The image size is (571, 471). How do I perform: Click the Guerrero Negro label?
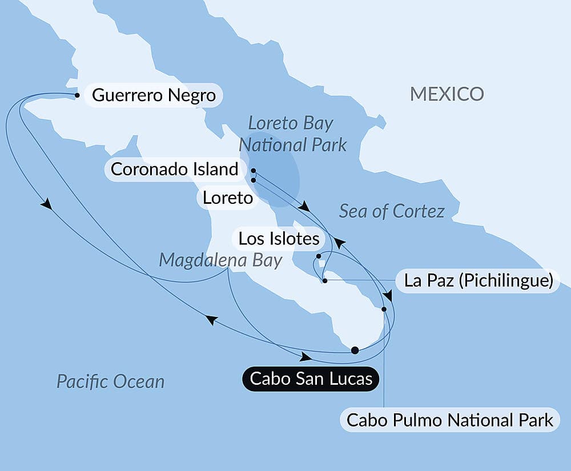point(154,95)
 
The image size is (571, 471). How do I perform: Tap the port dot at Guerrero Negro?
point(77,95)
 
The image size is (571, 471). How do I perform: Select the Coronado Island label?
point(174,169)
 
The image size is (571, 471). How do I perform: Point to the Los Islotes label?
point(279,238)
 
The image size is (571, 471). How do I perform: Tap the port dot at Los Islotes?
point(319,256)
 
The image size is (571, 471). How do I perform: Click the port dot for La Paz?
point(324,281)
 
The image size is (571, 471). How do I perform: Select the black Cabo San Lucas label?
point(311,379)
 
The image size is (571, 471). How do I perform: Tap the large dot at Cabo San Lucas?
point(355,351)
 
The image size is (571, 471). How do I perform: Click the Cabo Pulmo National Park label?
point(450,420)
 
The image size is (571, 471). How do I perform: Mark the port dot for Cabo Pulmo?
point(384,309)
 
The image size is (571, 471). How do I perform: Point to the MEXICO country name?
point(447,94)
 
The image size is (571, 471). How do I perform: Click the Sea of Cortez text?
point(392,211)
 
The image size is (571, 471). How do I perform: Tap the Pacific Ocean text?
point(110,381)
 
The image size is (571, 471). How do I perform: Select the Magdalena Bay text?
point(220,260)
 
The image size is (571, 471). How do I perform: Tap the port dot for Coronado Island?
point(253,170)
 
